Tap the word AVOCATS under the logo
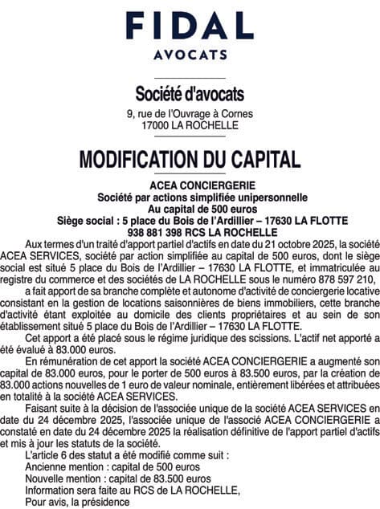pos(190,56)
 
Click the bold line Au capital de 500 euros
pos(190,208)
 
